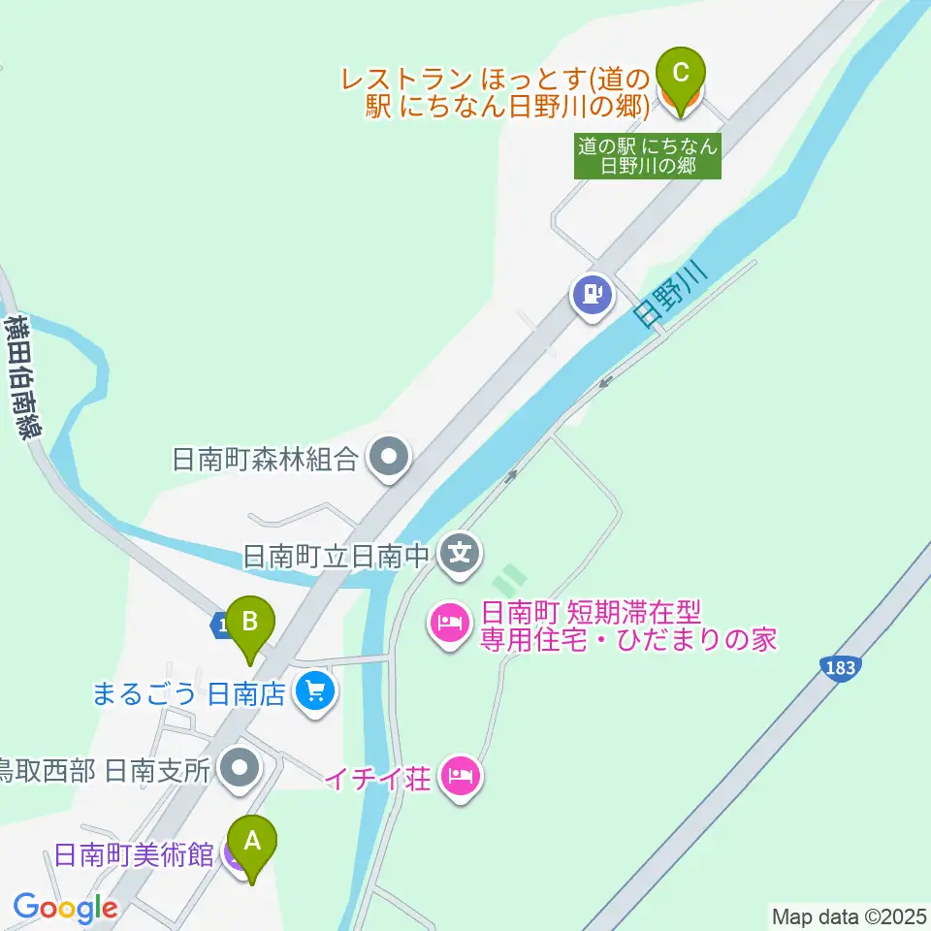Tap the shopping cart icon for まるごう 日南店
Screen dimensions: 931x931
315,692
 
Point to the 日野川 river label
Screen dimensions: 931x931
668,294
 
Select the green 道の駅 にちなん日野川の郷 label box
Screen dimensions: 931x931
648,156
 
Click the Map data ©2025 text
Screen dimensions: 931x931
848,915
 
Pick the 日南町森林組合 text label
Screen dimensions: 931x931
265,459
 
